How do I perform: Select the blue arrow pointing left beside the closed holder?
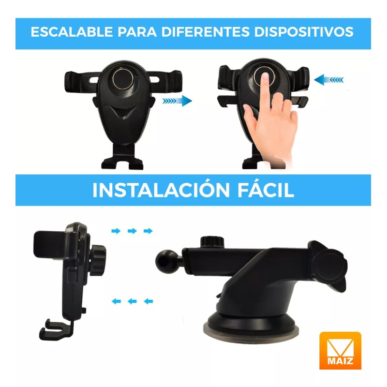[x=329, y=79]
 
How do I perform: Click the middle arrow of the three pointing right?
[x=132, y=231]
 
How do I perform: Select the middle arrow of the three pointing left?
[x=132, y=301]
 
